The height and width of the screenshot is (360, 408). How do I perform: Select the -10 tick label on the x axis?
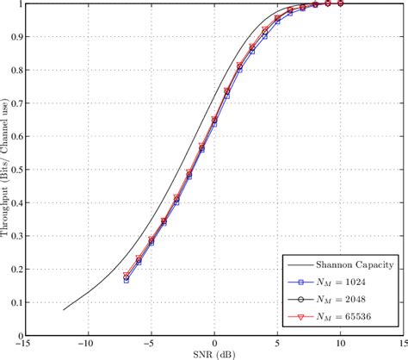pos(86,342)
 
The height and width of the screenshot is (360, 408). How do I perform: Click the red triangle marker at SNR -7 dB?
pos(126,276)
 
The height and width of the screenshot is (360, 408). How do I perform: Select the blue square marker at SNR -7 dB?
pos(126,281)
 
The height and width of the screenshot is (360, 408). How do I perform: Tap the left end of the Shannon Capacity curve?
pos(63,309)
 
